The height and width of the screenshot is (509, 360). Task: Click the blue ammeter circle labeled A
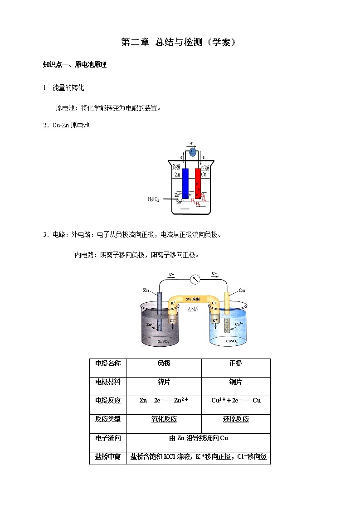coord(192,152)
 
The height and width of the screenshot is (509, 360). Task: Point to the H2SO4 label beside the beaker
coord(153,199)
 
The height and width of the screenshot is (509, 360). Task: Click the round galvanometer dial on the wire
coord(196,279)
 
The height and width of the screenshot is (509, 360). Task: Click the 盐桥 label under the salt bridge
coord(193,309)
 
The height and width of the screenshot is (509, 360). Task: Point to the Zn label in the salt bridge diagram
coord(146,290)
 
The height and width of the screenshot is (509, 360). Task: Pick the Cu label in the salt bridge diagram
coord(242,290)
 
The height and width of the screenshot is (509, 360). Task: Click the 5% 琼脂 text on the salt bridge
coord(193,299)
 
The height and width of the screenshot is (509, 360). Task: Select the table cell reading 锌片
coord(164,382)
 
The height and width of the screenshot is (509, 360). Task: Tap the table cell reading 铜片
coord(236,382)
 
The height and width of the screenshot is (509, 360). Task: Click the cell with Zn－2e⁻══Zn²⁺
coord(164,400)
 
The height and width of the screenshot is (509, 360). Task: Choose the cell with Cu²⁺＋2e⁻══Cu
coord(236,400)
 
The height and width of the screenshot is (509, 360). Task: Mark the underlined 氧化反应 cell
coord(164,419)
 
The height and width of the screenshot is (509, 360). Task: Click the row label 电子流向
coord(108,438)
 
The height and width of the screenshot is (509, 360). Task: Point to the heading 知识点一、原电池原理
coord(74,65)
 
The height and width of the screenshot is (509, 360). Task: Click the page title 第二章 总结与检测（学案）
coord(179,42)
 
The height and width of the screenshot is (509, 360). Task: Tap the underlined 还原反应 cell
coord(236,419)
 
